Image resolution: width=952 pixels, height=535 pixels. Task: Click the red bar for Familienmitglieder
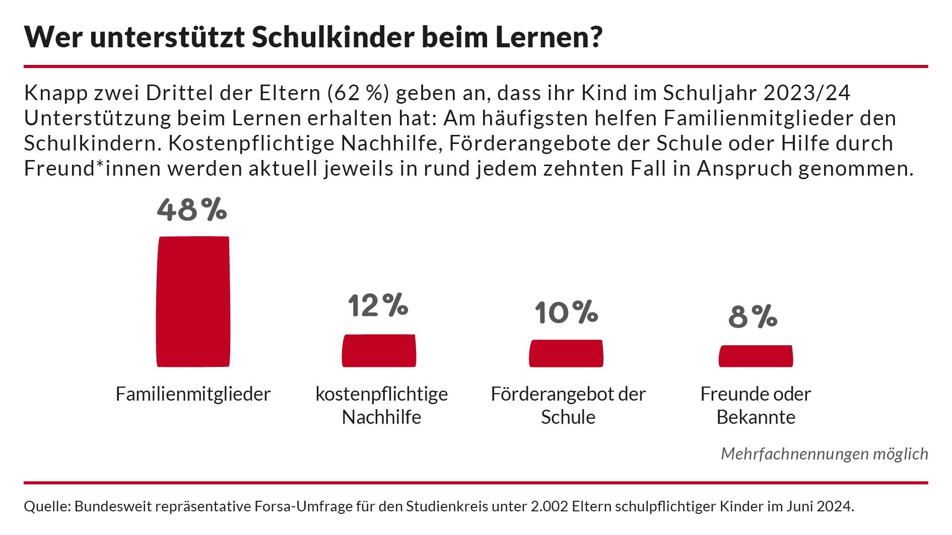click(x=193, y=301)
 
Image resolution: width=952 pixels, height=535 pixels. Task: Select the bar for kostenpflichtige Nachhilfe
click(x=379, y=350)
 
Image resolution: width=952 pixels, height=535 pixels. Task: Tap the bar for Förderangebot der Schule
click(x=566, y=353)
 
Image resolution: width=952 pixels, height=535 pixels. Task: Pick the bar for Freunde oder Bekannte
click(x=756, y=356)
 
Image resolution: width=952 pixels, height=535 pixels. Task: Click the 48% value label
click(x=192, y=210)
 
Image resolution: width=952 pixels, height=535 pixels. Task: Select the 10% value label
click(x=566, y=313)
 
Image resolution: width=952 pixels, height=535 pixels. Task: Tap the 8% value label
click(x=753, y=317)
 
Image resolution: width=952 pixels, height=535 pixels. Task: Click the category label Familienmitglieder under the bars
click(x=193, y=394)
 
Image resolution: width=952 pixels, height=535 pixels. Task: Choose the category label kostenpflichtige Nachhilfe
click(x=381, y=405)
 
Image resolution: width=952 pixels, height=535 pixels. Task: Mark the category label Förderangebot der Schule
click(x=568, y=405)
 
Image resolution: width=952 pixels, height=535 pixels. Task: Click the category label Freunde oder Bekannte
click(x=756, y=405)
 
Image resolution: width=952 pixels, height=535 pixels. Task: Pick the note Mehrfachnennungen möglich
click(x=824, y=454)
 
